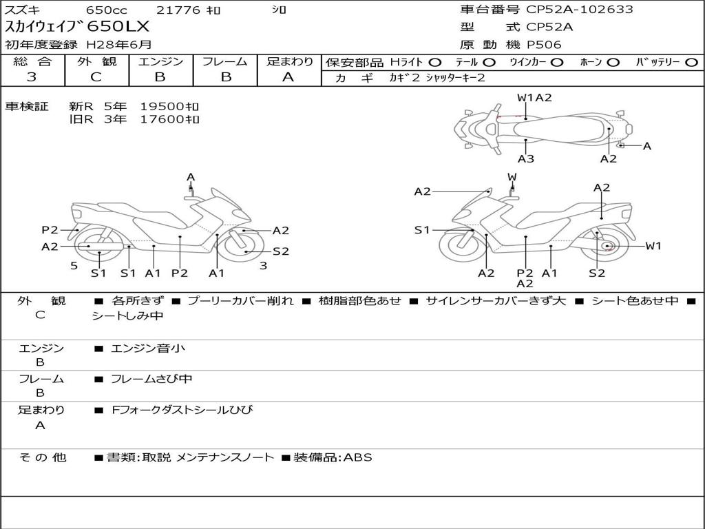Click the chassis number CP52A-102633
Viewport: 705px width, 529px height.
tap(580, 10)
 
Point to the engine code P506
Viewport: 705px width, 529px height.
tap(544, 45)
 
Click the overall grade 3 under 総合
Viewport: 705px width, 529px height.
tap(32, 77)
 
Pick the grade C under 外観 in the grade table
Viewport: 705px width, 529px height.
tap(96, 77)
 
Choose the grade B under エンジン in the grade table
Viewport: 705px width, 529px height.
tap(160, 77)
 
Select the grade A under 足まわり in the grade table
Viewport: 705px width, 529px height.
tap(288, 77)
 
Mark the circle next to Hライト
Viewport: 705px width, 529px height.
tap(435, 62)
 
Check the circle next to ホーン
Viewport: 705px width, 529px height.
tap(613, 62)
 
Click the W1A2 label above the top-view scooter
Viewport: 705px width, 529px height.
tap(534, 98)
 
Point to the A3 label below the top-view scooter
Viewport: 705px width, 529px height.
tap(526, 159)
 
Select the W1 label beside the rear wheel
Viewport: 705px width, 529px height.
tap(653, 246)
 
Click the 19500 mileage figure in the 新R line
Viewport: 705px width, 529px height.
tap(162, 107)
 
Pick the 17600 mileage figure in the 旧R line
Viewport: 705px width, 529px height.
tap(162, 119)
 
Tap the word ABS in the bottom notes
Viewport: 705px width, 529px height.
tap(357, 457)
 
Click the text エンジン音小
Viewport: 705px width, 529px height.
tap(148, 349)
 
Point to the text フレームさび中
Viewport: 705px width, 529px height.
tap(151, 379)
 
